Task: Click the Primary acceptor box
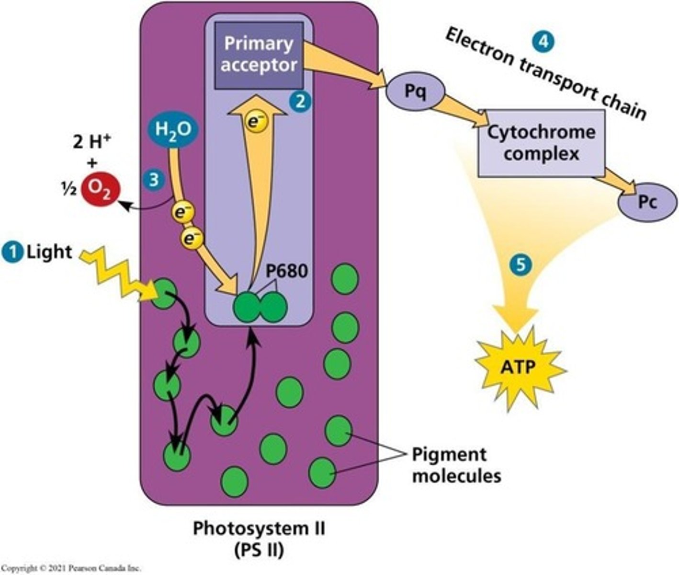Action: (x=259, y=55)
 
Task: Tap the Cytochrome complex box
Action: (x=541, y=143)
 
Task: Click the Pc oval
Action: (x=647, y=202)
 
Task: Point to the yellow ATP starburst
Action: (x=518, y=368)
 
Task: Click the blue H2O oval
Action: (x=173, y=129)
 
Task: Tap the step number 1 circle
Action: (x=13, y=252)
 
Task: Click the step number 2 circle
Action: (x=300, y=102)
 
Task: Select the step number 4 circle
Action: (x=543, y=42)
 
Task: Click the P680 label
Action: (x=286, y=271)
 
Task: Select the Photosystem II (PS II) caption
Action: (x=259, y=539)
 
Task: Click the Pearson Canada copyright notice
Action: (x=71, y=568)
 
